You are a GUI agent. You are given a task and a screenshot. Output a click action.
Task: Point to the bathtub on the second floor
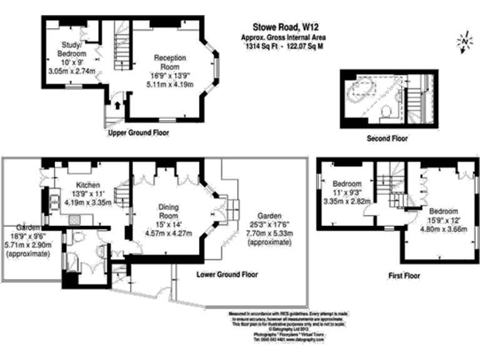[362, 92]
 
